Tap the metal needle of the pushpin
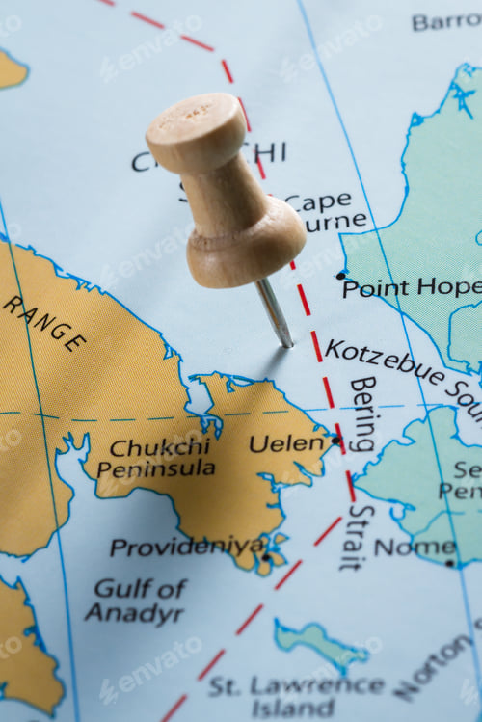tap(275, 313)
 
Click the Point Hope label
tap(411, 287)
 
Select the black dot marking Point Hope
tap(340, 276)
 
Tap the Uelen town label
tap(286, 443)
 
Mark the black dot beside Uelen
tap(335, 441)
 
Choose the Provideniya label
tap(186, 547)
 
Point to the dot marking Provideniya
tap(266, 556)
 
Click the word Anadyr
tap(120, 611)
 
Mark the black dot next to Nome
tap(449, 562)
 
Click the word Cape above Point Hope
tap(319, 202)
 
